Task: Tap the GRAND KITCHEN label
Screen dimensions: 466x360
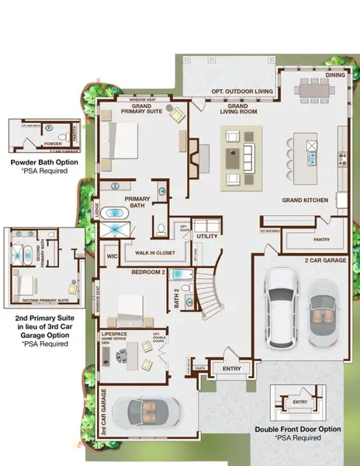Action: (x=305, y=200)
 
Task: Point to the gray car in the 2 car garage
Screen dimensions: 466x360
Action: (x=324, y=312)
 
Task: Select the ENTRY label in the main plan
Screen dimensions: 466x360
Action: (x=233, y=369)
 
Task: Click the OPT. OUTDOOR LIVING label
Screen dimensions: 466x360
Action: (x=243, y=92)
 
